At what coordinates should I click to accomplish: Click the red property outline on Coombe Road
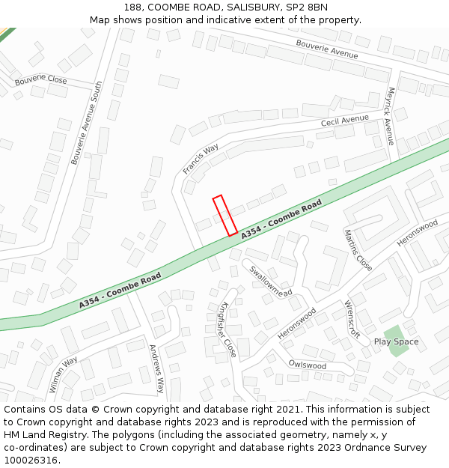point(225,216)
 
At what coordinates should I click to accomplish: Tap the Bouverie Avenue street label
point(326,49)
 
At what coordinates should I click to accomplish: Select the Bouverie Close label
point(40,80)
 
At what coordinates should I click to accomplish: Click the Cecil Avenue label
point(344,120)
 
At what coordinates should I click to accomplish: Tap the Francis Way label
point(201,159)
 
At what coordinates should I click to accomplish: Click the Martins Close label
point(358,250)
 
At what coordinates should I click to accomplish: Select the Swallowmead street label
point(271,282)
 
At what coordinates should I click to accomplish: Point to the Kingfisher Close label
point(228,329)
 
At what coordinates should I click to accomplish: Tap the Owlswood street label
point(308,365)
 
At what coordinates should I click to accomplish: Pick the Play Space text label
point(396,342)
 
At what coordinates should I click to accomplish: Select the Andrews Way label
point(156,368)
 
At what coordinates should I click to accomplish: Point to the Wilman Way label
point(64,374)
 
